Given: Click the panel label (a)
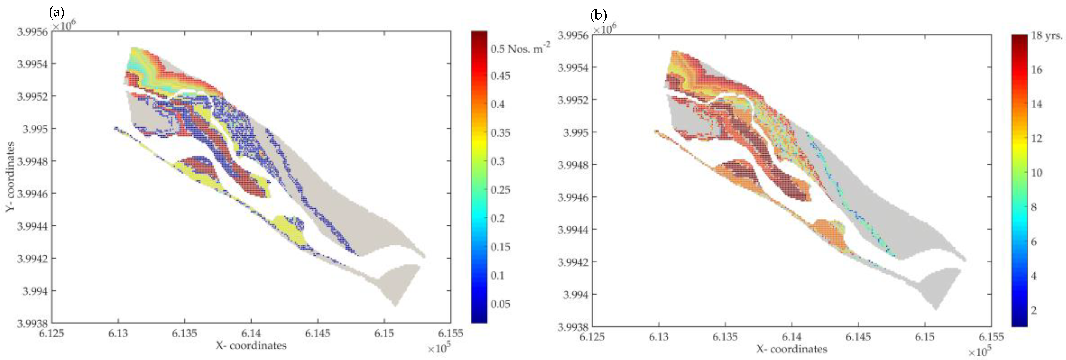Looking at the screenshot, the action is (x=57, y=13).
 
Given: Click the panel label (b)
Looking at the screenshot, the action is (x=598, y=16).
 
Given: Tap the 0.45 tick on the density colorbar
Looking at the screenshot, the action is (x=500, y=76).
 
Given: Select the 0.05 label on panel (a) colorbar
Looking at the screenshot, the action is (x=500, y=304).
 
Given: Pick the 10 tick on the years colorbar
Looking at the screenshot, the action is (x=1037, y=173).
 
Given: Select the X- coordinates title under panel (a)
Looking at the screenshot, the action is (x=251, y=345).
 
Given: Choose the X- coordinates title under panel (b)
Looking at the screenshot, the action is (x=792, y=349).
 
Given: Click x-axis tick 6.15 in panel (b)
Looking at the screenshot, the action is (x=925, y=337).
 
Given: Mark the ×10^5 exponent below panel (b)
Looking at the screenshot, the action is (x=980, y=351).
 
